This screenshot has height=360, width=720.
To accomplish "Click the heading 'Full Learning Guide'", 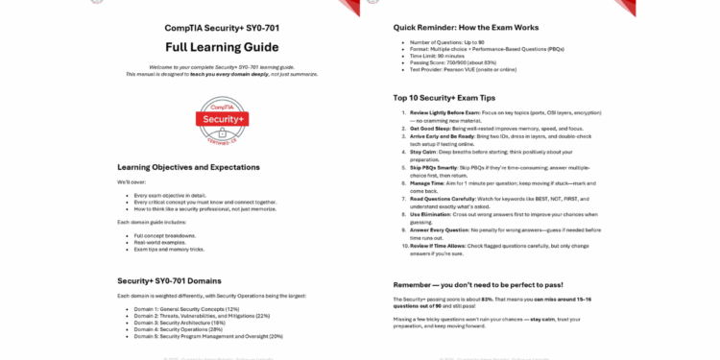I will [x=222, y=47].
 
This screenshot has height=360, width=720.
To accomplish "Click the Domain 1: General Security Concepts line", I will [x=186, y=309].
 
